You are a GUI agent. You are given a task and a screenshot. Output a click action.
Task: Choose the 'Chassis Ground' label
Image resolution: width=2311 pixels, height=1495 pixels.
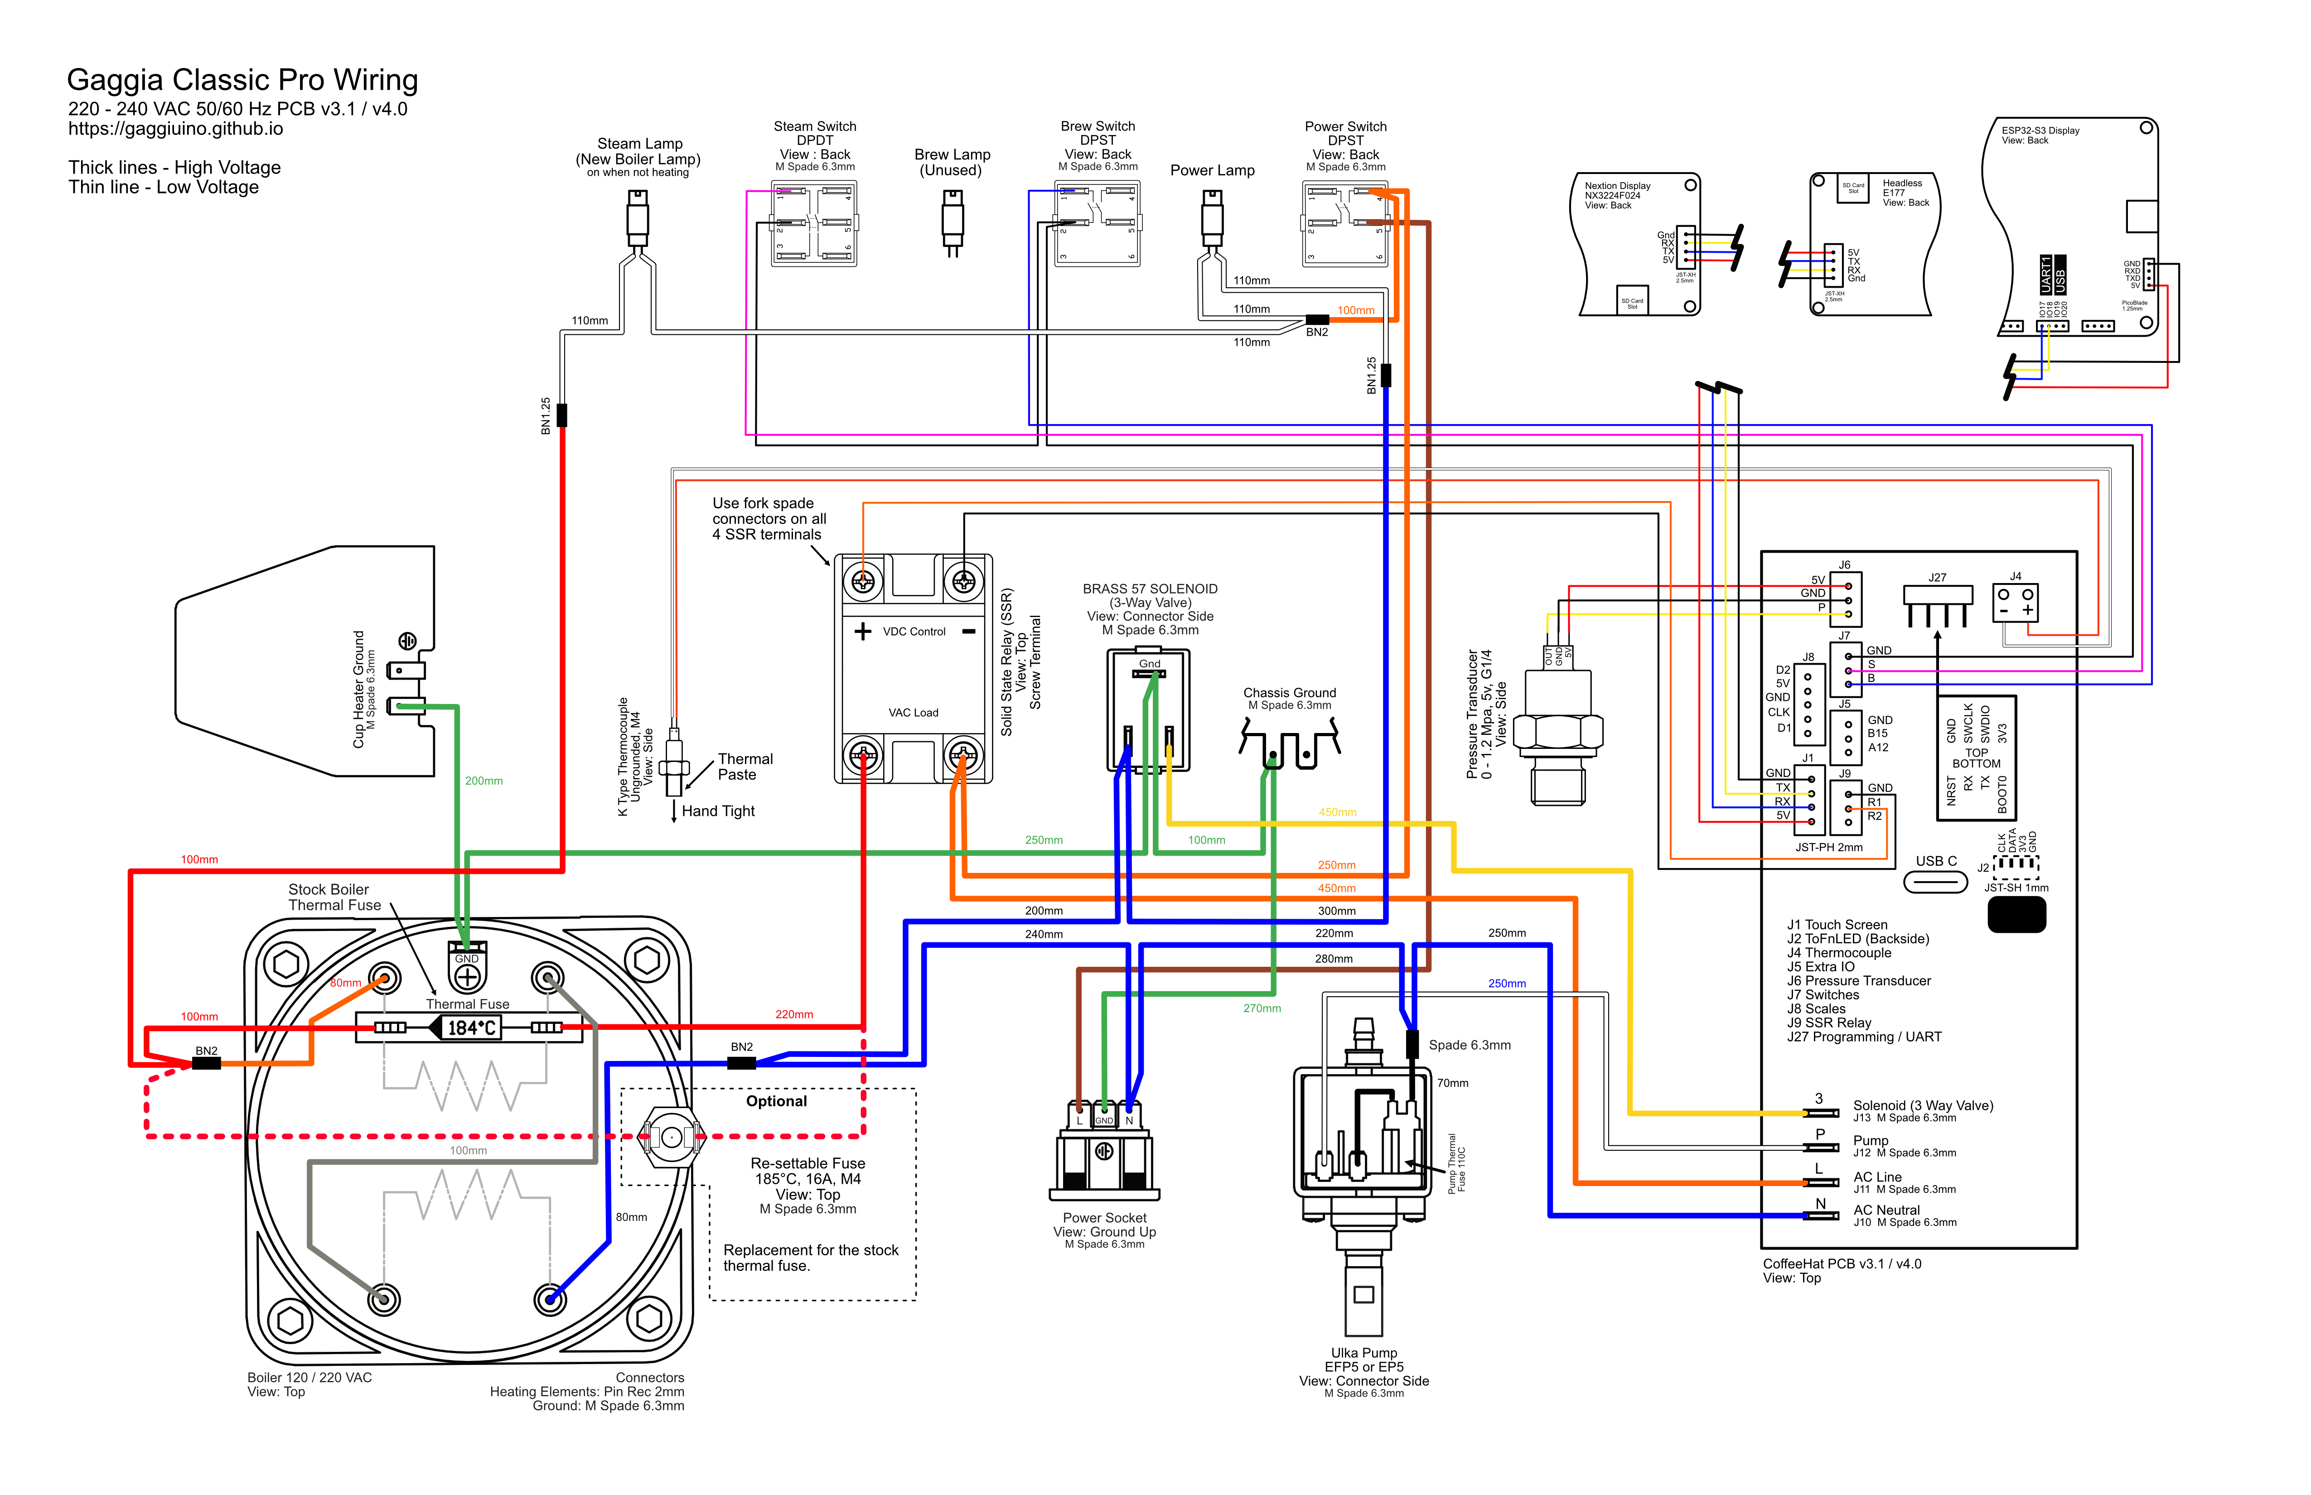pyautogui.click(x=1290, y=692)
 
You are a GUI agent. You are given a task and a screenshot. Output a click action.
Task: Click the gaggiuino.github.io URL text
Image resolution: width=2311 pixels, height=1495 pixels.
pyautogui.click(x=176, y=129)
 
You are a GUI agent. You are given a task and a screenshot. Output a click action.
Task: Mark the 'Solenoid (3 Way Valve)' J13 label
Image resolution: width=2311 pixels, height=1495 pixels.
pyautogui.click(x=1923, y=1106)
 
